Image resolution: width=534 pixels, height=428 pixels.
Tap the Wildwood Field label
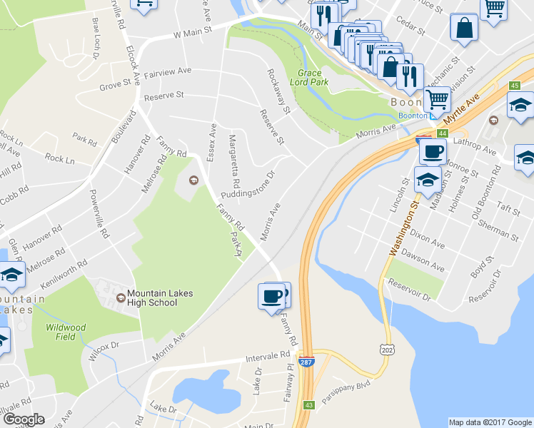[x=66, y=332]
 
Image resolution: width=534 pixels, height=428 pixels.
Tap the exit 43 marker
[x=308, y=405]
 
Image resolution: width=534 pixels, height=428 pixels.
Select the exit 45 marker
[x=514, y=86]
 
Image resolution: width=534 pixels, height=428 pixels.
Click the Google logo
[x=23, y=419]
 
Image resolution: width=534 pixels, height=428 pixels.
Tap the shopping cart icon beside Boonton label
[x=437, y=99]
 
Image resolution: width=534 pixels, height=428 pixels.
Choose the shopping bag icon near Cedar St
[x=464, y=29]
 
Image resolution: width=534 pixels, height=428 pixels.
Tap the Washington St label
[x=403, y=229]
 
